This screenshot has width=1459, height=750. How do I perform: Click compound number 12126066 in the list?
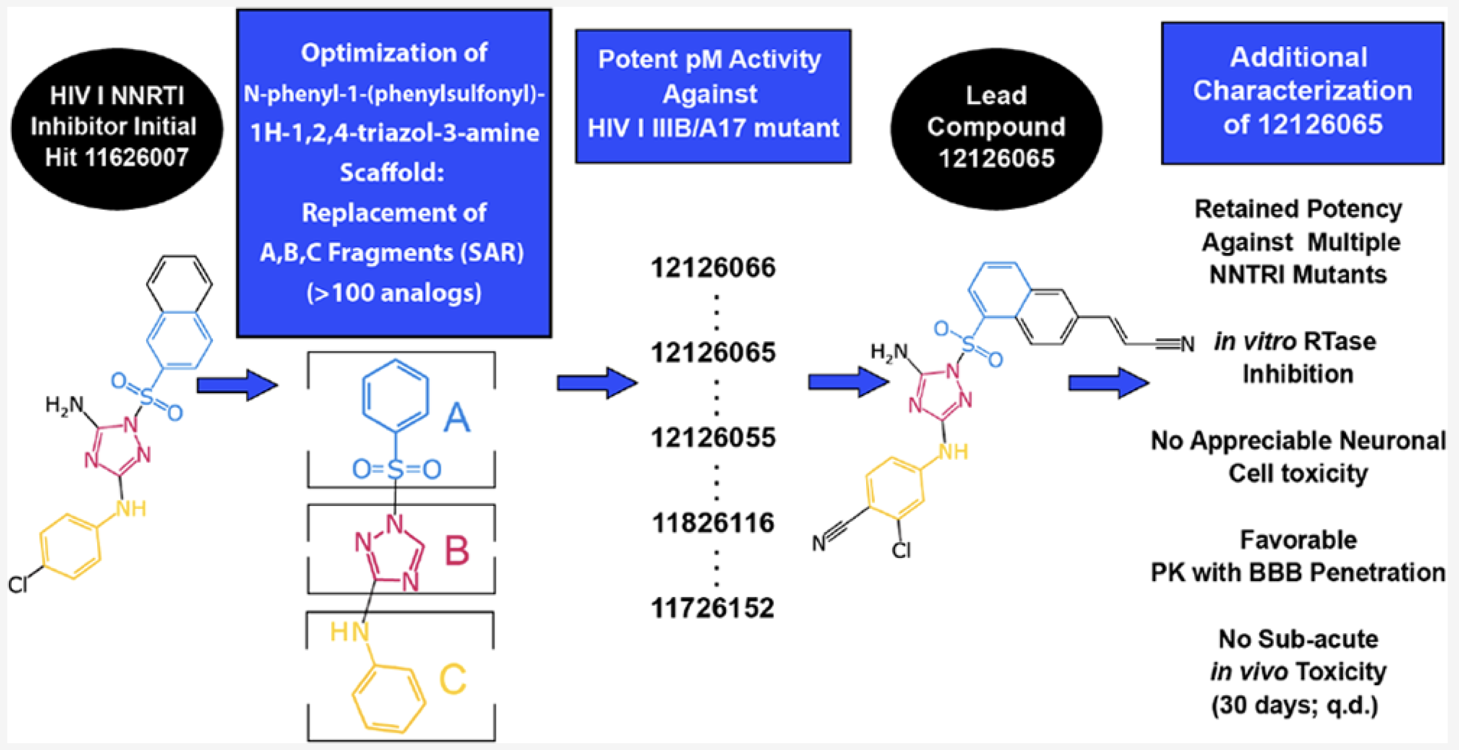[x=713, y=267]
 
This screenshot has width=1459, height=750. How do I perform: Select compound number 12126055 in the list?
[x=713, y=438]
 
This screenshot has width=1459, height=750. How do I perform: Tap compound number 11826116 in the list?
[x=713, y=523]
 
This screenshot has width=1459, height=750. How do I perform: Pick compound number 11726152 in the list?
[x=713, y=608]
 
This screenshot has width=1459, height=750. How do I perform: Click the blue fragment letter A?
[x=457, y=418]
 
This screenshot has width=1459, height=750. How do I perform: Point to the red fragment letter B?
[x=457, y=550]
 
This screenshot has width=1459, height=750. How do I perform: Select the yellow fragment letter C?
[x=452, y=679]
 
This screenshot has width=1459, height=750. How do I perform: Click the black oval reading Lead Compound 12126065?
[x=995, y=128]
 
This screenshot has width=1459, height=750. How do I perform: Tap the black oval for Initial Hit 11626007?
[x=117, y=128]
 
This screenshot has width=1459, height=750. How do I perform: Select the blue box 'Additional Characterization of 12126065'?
[x=1302, y=93]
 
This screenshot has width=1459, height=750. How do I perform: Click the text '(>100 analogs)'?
[x=394, y=293]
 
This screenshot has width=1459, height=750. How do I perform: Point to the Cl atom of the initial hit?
[x=18, y=585]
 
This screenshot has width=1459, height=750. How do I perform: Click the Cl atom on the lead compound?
[x=901, y=550]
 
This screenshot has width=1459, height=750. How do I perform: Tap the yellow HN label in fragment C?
[x=349, y=631]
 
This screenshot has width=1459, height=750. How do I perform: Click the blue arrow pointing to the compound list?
[x=596, y=383]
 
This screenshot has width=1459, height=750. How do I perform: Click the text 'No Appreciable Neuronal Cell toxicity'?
[x=1298, y=456]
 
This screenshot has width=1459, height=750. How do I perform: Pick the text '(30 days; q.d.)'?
[x=1295, y=705]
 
